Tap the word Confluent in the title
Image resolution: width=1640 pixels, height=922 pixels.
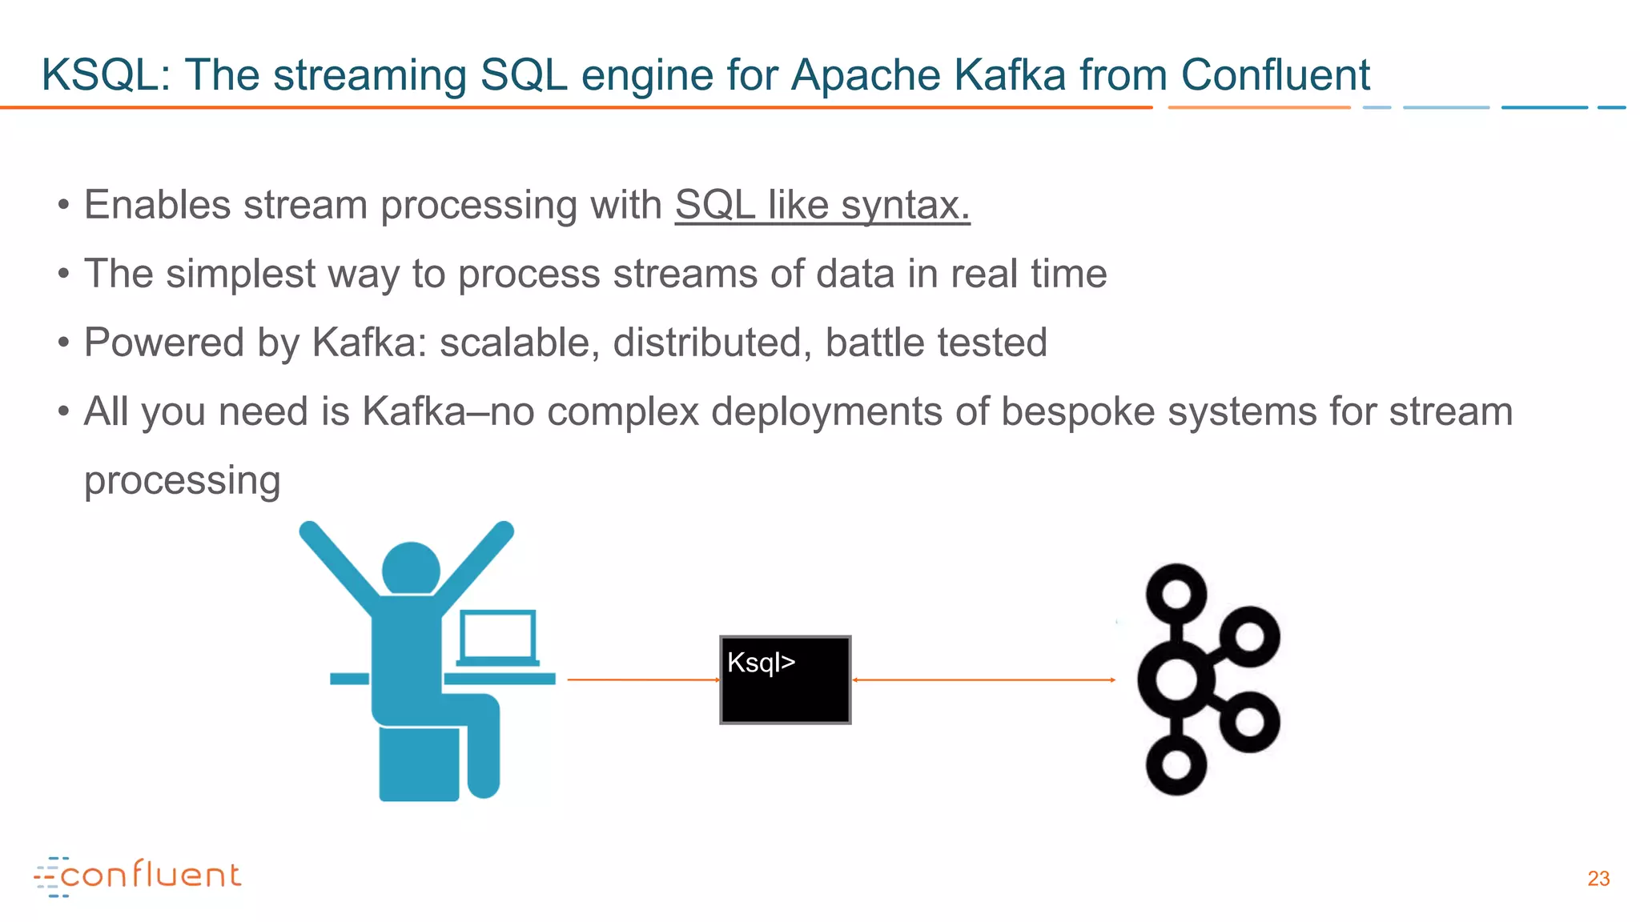pos(1275,75)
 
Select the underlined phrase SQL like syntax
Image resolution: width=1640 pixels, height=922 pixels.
pos(822,205)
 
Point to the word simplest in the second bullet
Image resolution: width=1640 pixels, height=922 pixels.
pos(240,274)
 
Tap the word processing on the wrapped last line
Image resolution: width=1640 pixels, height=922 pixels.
pos(183,480)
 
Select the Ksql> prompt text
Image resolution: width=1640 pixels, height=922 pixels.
pos(761,663)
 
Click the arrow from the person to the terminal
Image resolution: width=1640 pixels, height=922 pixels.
pos(644,679)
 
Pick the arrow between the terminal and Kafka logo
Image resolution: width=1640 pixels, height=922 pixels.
pos(983,679)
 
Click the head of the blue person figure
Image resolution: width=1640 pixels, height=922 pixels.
pos(411,568)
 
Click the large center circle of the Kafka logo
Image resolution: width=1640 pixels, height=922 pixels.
pos(1176,680)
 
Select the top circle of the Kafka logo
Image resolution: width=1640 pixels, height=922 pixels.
pos(1176,594)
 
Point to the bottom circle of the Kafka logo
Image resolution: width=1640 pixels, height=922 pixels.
pos(1176,764)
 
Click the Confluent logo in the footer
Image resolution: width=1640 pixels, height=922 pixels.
pos(138,876)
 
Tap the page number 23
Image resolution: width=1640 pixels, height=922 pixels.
pos(1598,879)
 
